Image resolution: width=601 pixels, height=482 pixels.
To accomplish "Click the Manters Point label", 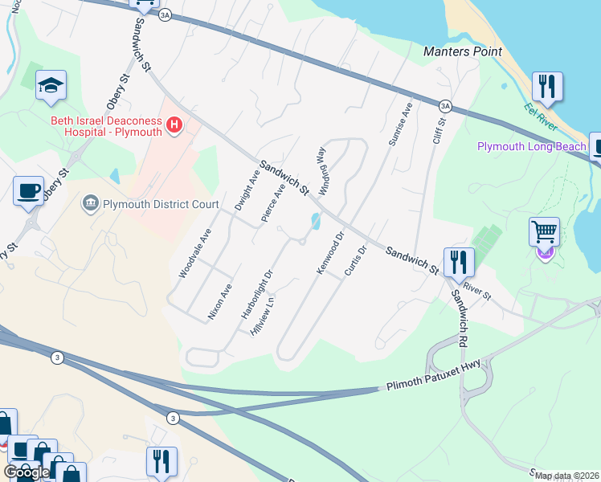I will (x=463, y=52).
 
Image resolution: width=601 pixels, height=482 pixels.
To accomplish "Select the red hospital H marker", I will (x=174, y=125).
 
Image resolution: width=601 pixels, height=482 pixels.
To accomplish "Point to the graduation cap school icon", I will (x=51, y=86).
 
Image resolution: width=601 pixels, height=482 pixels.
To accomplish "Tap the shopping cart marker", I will (x=545, y=234).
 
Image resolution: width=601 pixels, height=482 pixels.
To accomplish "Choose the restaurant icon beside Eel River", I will (x=547, y=87).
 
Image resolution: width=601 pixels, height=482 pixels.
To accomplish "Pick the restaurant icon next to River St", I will (x=458, y=262).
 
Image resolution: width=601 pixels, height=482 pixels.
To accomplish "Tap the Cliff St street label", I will (x=439, y=137).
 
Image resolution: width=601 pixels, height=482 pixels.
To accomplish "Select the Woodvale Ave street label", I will (x=194, y=253).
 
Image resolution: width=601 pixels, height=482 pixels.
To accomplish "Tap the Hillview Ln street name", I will (x=263, y=317).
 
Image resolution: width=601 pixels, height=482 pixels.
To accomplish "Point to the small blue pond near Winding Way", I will (x=314, y=219).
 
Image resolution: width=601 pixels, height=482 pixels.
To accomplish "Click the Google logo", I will (x=27, y=472).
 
